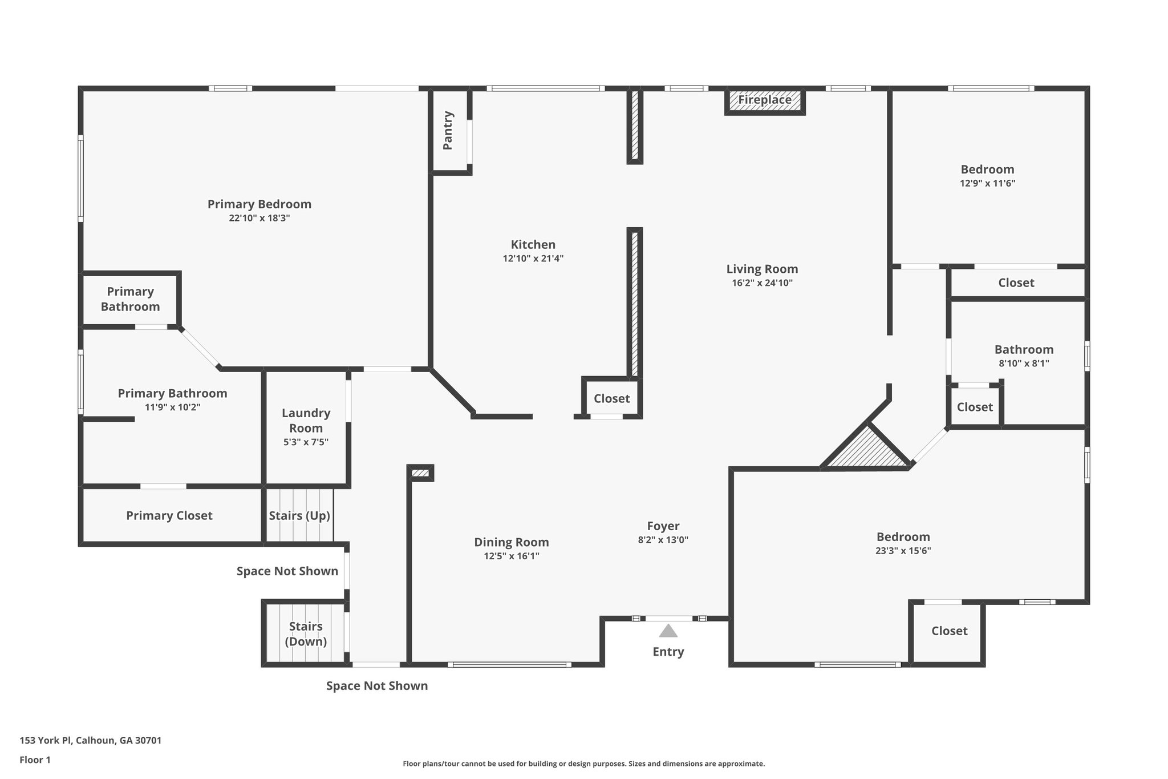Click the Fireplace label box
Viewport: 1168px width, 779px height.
tap(765, 100)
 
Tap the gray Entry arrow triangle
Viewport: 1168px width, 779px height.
tap(668, 631)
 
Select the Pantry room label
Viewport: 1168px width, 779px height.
tap(448, 131)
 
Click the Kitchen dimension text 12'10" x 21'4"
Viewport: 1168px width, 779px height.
tap(533, 259)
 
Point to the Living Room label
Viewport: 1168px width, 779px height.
tap(762, 269)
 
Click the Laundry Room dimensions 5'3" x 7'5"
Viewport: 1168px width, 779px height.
tap(306, 442)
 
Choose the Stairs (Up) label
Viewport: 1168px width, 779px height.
tap(299, 516)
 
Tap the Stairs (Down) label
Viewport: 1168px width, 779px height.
tap(306, 634)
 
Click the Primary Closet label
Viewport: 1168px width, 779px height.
tap(169, 516)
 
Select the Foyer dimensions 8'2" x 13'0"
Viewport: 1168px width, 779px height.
tap(663, 540)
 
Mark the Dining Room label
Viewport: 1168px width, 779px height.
tap(511, 542)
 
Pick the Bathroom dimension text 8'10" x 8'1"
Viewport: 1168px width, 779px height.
tap(1024, 364)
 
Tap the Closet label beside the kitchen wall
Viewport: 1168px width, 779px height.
tap(611, 399)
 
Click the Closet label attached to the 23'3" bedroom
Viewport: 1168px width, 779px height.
tap(949, 631)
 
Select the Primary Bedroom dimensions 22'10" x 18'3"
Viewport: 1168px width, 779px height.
tap(259, 219)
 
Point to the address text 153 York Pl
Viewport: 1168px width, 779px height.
tap(90, 741)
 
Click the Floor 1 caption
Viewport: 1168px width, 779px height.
tap(35, 760)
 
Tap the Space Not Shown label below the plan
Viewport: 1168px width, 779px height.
tap(376, 686)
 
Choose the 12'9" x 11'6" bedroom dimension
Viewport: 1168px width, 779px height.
tap(987, 184)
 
